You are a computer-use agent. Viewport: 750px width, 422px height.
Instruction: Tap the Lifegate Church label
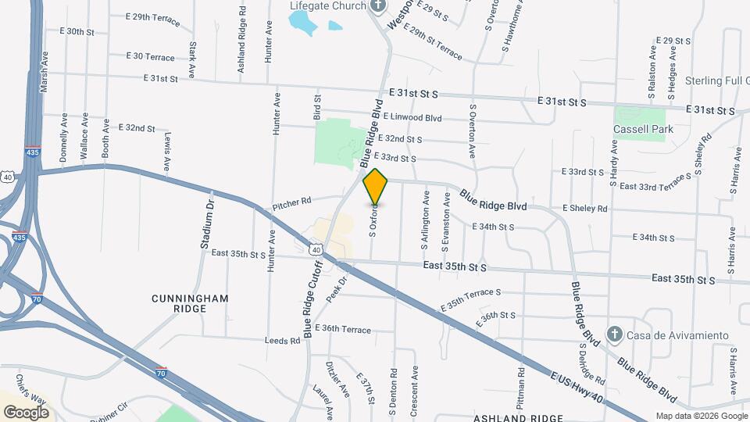(327, 6)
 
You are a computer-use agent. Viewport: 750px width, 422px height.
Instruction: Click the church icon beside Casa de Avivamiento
(615, 335)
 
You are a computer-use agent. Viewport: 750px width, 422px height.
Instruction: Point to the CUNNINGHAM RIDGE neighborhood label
(180, 303)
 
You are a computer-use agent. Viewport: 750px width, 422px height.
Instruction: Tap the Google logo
(26, 412)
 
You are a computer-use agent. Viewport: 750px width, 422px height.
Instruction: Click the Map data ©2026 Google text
(701, 416)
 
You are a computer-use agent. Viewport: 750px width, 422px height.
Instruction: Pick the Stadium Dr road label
(206, 226)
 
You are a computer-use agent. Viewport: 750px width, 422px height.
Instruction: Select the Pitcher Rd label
(292, 206)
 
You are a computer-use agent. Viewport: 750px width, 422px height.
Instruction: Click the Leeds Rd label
(283, 341)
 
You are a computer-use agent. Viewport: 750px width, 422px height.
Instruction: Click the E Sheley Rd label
(584, 209)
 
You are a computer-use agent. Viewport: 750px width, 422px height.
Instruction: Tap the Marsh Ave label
(45, 70)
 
